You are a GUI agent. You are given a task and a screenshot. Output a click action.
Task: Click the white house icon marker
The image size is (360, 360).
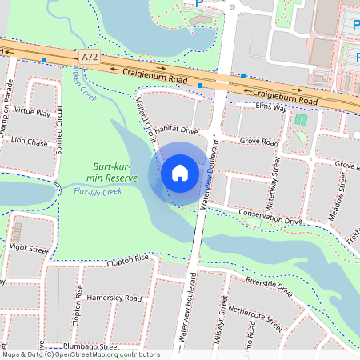point(179,172)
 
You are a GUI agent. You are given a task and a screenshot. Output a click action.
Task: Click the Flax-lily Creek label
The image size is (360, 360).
point(97,192)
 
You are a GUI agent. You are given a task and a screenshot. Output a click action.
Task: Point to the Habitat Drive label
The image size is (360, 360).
point(176,130)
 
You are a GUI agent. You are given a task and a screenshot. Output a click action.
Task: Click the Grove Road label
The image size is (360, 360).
point(259,142)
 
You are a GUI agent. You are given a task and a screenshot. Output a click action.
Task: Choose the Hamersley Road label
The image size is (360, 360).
point(114,298)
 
